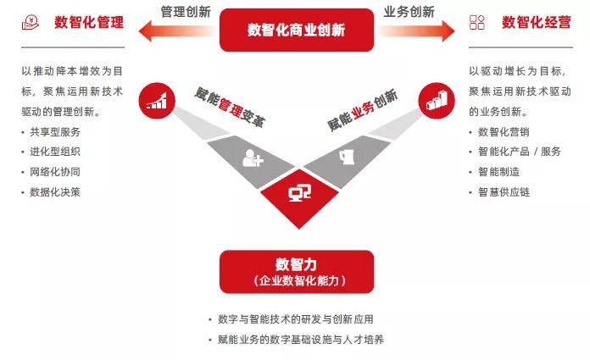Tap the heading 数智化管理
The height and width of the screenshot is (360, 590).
tap(88, 22)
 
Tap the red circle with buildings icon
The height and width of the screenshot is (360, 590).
tap(436, 100)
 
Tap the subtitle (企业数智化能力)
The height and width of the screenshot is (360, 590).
tap(296, 280)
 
